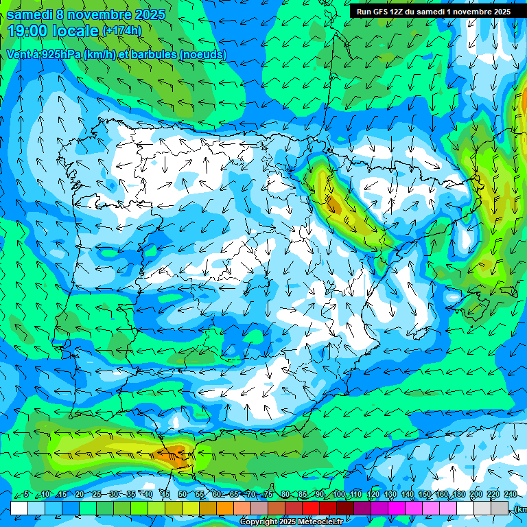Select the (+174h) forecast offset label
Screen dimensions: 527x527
point(121,31)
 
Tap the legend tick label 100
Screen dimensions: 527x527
point(339,494)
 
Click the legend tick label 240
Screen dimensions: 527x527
point(511,494)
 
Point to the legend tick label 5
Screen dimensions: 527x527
point(26,494)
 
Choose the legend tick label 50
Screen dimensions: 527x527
point(182,494)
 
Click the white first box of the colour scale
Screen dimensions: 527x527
point(19,508)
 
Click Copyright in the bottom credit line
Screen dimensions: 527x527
point(258,522)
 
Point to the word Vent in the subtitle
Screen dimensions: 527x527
point(19,54)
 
